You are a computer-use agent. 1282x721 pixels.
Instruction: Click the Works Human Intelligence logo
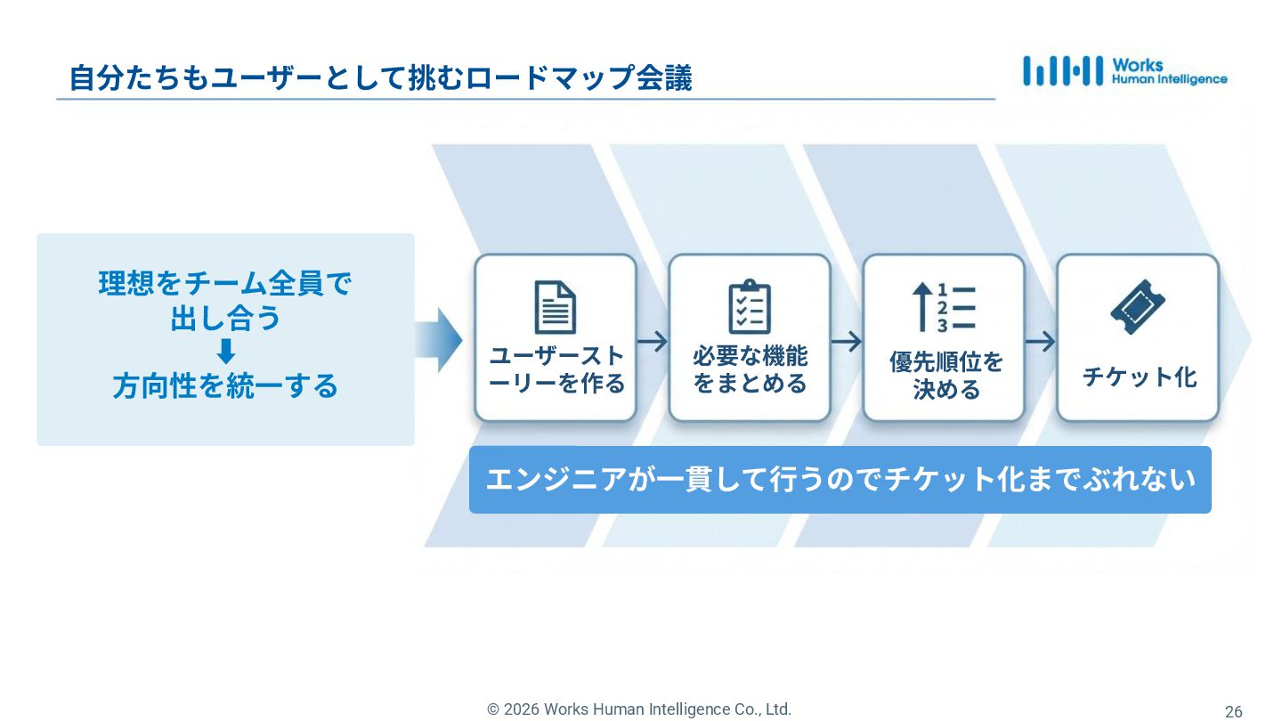click(1124, 71)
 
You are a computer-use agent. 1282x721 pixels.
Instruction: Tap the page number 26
click(1233, 711)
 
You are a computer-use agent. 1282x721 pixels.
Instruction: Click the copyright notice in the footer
click(638, 709)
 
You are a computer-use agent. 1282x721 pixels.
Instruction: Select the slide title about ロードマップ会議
click(380, 78)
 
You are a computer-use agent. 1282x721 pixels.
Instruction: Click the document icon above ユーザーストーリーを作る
click(555, 307)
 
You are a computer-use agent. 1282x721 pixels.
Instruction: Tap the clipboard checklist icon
click(749, 307)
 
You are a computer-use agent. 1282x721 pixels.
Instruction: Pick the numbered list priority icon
click(944, 307)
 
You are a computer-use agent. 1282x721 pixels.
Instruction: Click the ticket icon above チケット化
click(1137, 307)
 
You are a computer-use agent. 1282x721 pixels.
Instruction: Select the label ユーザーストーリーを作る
click(556, 369)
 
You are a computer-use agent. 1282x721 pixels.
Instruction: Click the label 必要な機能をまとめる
click(750, 369)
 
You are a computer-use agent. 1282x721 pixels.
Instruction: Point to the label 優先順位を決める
click(945, 375)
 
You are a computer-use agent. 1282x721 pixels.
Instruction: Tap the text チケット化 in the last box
click(1139, 377)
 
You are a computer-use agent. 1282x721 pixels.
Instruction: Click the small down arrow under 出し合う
click(226, 352)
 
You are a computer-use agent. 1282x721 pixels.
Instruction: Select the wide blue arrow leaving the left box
click(439, 340)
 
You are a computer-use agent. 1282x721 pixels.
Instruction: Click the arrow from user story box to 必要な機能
click(653, 341)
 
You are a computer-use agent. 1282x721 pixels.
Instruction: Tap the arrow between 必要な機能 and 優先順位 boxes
click(847, 341)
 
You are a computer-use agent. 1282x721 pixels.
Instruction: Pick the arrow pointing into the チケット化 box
click(1040, 341)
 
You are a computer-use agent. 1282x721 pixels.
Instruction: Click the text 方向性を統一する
click(225, 386)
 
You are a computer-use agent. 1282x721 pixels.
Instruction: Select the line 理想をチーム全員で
click(225, 284)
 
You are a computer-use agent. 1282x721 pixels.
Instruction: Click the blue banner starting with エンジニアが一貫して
click(840, 480)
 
